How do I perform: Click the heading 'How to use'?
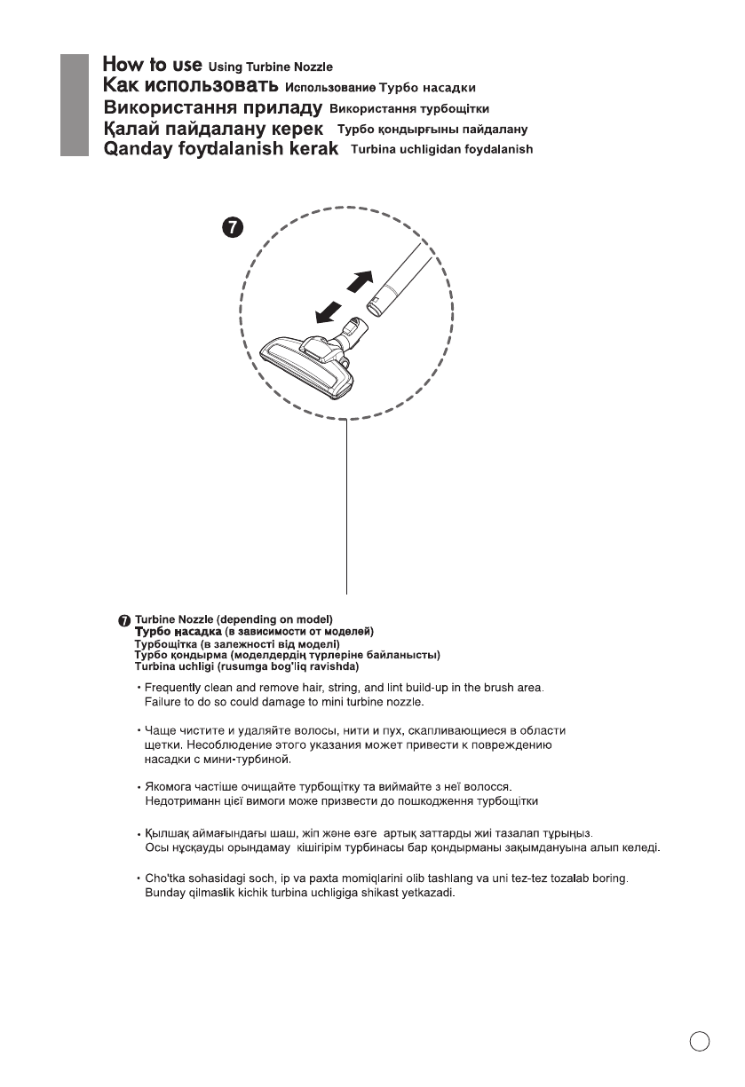coord(152,65)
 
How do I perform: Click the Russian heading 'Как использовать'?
coord(190,87)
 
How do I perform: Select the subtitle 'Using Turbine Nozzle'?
coord(270,67)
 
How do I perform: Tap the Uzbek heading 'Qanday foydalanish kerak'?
coord(221,149)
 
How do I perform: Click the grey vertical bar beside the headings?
coord(75,106)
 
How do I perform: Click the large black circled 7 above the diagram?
coord(231,230)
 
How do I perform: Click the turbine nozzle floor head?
coord(307,359)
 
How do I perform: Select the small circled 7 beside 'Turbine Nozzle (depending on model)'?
coord(124,619)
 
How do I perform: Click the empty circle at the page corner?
coord(700,1041)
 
